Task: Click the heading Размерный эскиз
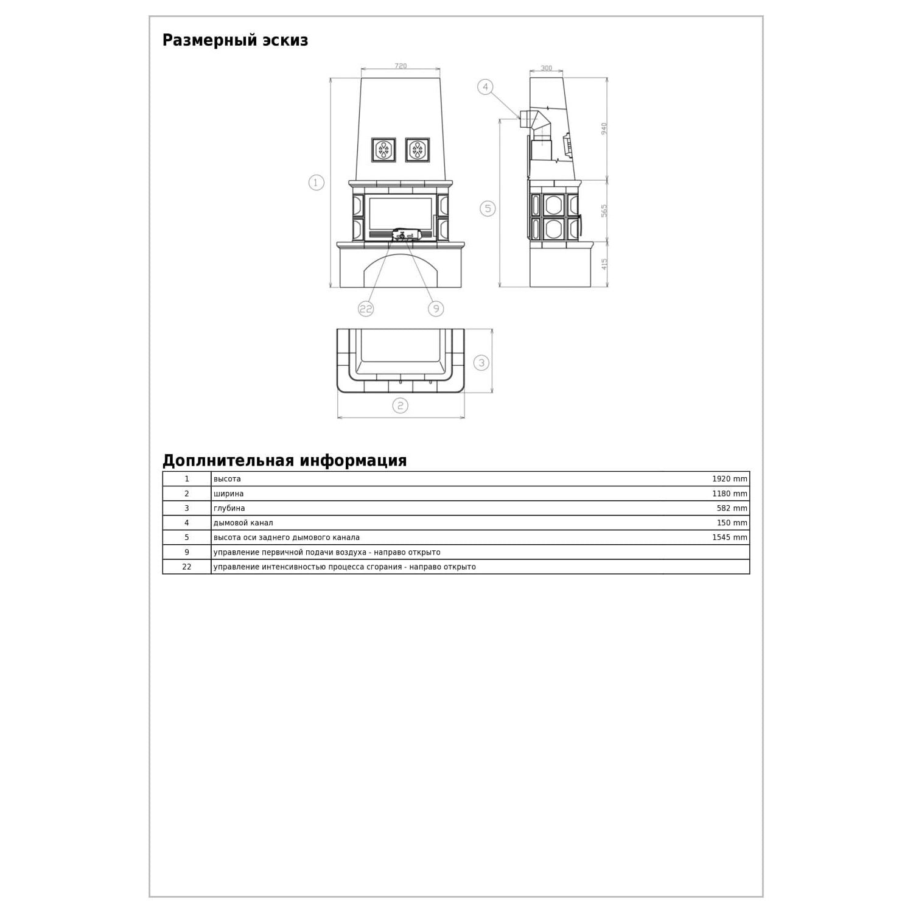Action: pyautogui.click(x=235, y=41)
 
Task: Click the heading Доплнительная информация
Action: pyautogui.click(x=284, y=461)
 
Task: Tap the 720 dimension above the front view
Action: pyautogui.click(x=401, y=66)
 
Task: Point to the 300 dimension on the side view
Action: pyautogui.click(x=547, y=68)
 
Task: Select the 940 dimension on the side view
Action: pyautogui.click(x=604, y=128)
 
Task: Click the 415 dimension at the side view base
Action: pyautogui.click(x=604, y=264)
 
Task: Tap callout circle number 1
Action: pyautogui.click(x=316, y=182)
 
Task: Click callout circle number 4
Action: pyautogui.click(x=485, y=87)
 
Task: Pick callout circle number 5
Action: pyautogui.click(x=488, y=209)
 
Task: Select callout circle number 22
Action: pyautogui.click(x=365, y=309)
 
